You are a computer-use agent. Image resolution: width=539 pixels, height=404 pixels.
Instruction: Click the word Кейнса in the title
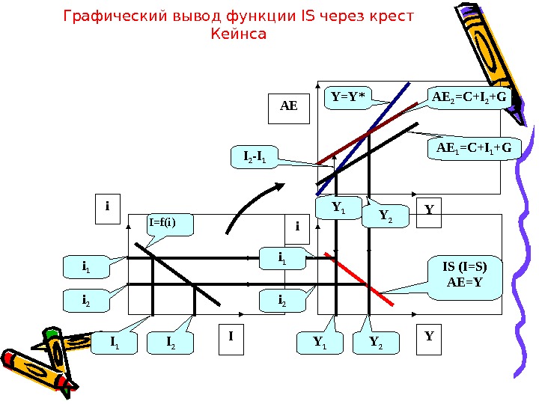tap(240, 34)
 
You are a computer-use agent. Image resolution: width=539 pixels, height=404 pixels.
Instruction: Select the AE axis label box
tap(289, 108)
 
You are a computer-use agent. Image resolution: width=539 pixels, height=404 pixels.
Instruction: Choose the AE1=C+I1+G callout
tap(473, 149)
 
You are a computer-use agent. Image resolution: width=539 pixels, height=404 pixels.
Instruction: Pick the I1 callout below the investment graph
tap(115, 343)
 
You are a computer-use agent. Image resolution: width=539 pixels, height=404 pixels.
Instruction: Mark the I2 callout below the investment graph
tap(170, 343)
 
